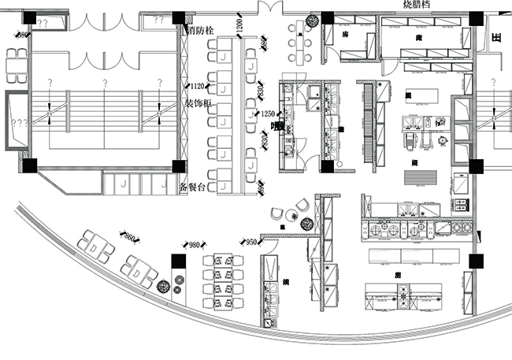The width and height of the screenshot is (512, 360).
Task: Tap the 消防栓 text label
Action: coord(202,31)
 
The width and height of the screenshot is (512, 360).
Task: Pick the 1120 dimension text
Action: coord(198,86)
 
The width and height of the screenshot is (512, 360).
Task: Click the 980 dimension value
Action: coord(194,245)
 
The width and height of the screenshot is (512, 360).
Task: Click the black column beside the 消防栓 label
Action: coord(179,17)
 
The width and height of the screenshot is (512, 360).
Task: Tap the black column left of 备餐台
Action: coord(179,166)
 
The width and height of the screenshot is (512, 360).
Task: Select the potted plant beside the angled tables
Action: coord(163,287)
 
